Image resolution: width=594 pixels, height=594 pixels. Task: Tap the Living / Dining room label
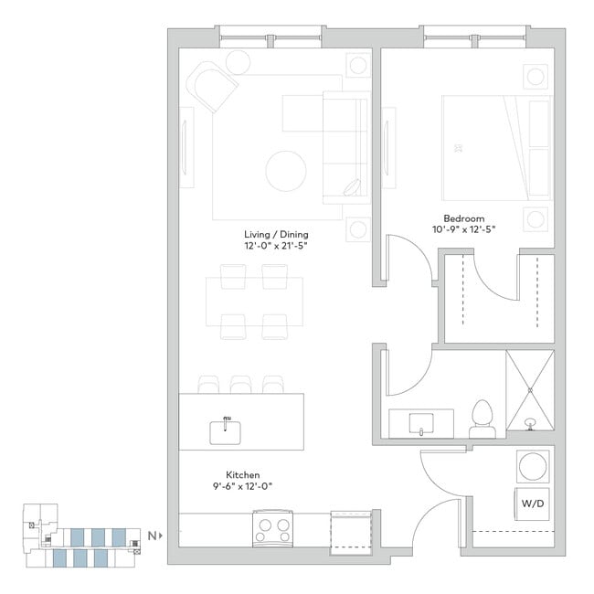click(x=276, y=233)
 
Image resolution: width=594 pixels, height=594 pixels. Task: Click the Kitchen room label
click(x=244, y=476)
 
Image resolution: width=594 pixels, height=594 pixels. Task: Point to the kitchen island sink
click(x=225, y=430)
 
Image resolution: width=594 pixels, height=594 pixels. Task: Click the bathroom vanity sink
click(x=421, y=423)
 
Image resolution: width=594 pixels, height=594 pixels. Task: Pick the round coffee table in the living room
click(x=285, y=169)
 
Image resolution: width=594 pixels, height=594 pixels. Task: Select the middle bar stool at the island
click(x=241, y=384)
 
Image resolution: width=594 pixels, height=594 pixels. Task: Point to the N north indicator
click(x=151, y=536)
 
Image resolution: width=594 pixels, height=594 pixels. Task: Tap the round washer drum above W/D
click(x=531, y=466)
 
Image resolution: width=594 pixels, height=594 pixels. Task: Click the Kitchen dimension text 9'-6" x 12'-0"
click(x=244, y=488)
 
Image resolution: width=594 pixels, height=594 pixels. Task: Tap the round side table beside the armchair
click(x=239, y=62)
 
